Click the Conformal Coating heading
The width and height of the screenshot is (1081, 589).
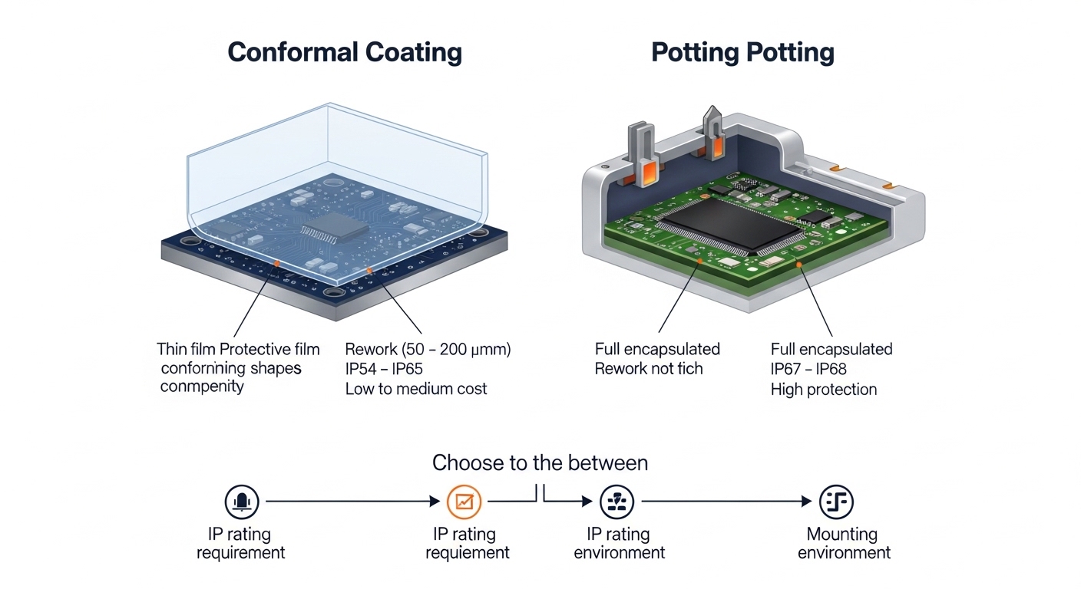click(x=345, y=52)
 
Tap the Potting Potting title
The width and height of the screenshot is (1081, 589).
click(x=742, y=52)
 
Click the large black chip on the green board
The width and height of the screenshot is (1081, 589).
click(x=731, y=223)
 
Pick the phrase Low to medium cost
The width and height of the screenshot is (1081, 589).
click(x=415, y=389)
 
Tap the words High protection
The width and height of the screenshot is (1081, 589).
click(x=823, y=389)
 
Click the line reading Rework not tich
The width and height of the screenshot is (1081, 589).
click(x=649, y=369)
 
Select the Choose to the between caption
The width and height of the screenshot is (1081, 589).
click(x=540, y=463)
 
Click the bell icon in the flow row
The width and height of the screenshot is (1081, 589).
click(x=242, y=502)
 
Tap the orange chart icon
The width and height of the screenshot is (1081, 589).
click(x=464, y=502)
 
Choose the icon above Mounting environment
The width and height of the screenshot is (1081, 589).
click(x=836, y=502)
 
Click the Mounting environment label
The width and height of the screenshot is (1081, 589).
click(x=843, y=543)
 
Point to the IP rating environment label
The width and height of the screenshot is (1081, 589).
click(x=619, y=543)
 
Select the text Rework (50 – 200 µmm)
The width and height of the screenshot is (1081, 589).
click(x=428, y=350)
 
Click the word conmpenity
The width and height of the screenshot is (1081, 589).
click(x=202, y=386)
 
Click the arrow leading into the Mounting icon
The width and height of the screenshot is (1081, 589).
click(x=726, y=502)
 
